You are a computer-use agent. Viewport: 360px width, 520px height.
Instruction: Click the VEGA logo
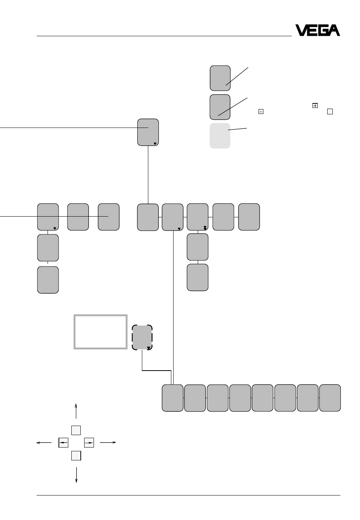point(317,30)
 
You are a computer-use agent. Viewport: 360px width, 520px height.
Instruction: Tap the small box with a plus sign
point(315,105)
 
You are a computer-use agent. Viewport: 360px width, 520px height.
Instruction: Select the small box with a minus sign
point(261,111)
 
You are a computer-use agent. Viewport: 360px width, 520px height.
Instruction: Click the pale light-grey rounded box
point(220,135)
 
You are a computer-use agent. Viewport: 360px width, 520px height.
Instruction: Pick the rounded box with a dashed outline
point(142,337)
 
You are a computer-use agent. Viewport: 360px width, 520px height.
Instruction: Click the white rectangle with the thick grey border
point(100,332)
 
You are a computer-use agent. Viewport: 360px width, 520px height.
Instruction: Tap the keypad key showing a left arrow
point(63,443)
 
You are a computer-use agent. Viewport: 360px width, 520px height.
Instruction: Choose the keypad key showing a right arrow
point(89,443)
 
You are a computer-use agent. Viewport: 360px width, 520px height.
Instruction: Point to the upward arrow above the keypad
point(76,411)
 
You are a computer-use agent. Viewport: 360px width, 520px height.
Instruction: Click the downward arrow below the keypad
point(76,475)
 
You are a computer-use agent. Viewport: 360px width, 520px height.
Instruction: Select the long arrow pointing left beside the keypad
point(44,443)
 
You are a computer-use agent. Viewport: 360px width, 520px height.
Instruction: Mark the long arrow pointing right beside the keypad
point(108,442)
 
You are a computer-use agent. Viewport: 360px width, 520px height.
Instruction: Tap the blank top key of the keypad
point(76,430)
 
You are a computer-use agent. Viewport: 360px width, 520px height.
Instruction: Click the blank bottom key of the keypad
point(76,455)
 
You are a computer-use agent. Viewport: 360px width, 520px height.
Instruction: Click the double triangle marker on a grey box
point(205,228)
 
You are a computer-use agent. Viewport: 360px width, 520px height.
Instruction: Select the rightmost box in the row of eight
point(330,398)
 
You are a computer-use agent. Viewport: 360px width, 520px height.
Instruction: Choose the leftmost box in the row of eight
point(172,398)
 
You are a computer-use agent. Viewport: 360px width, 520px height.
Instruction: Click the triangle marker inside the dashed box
point(149,348)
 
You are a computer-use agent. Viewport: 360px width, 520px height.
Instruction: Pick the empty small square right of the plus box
point(330,111)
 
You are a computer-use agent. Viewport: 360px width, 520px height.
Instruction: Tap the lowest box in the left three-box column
point(48,280)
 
